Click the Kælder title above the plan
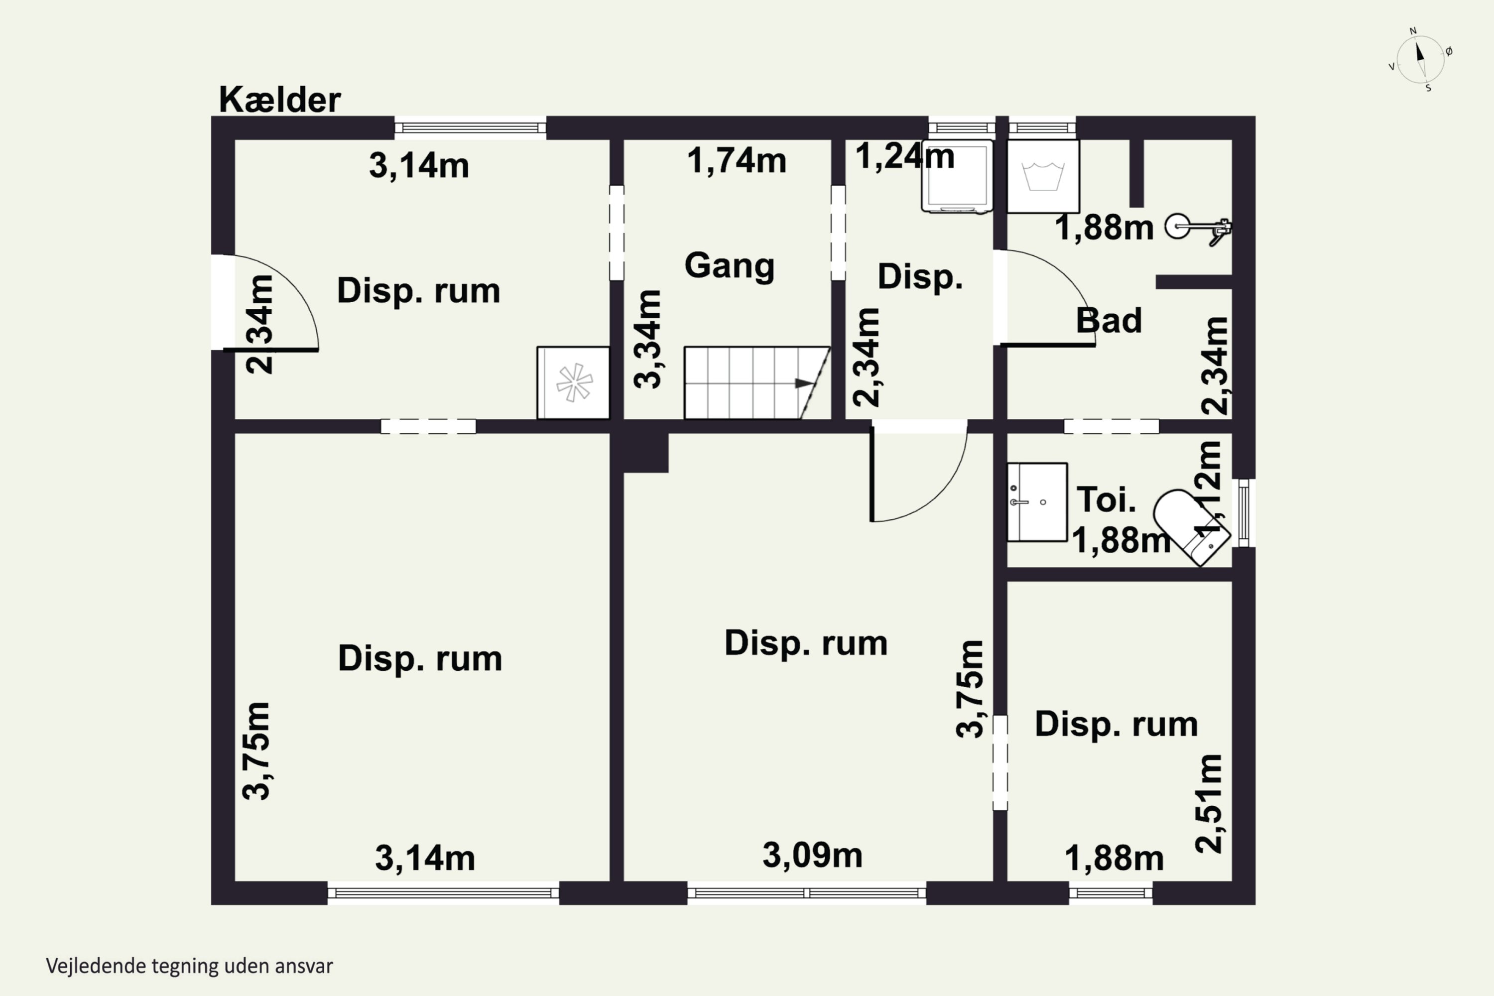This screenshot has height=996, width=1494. (x=279, y=100)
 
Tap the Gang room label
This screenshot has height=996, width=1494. (x=729, y=265)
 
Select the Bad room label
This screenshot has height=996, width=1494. (x=1109, y=320)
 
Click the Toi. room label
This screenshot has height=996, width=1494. (x=1107, y=499)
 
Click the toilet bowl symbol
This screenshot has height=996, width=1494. (x=1192, y=526)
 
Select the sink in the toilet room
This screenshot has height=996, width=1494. (x=1037, y=502)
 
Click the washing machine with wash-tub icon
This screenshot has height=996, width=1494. (x=1043, y=176)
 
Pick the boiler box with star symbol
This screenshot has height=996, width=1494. (x=573, y=382)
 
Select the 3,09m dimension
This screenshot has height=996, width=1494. (x=812, y=855)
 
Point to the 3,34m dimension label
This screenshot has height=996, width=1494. (x=648, y=339)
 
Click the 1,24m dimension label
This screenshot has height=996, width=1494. (x=904, y=156)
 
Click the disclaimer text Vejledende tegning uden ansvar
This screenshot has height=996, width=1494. (x=189, y=966)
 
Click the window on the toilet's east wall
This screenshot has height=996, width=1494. (x=1244, y=512)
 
